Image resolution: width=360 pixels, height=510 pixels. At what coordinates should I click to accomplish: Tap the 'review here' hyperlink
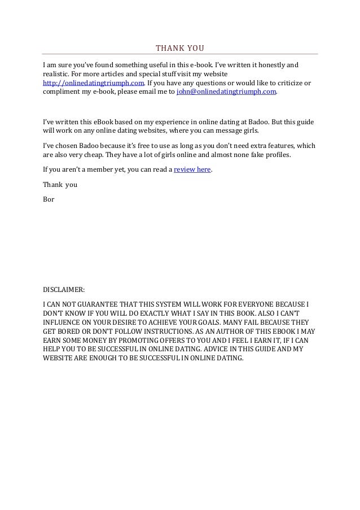pos(192,169)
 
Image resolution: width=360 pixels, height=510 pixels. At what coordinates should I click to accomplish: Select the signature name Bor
pos(49,199)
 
